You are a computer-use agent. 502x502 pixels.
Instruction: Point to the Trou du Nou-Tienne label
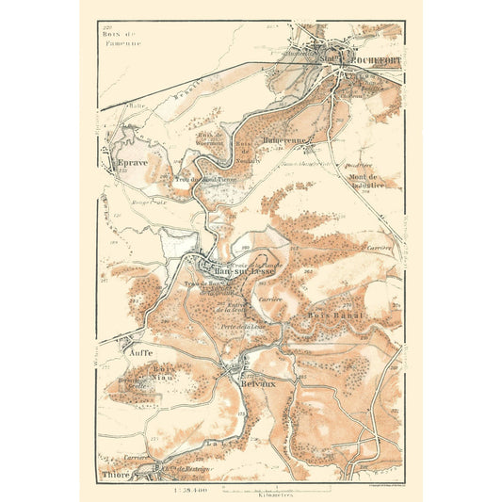point(203,179)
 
